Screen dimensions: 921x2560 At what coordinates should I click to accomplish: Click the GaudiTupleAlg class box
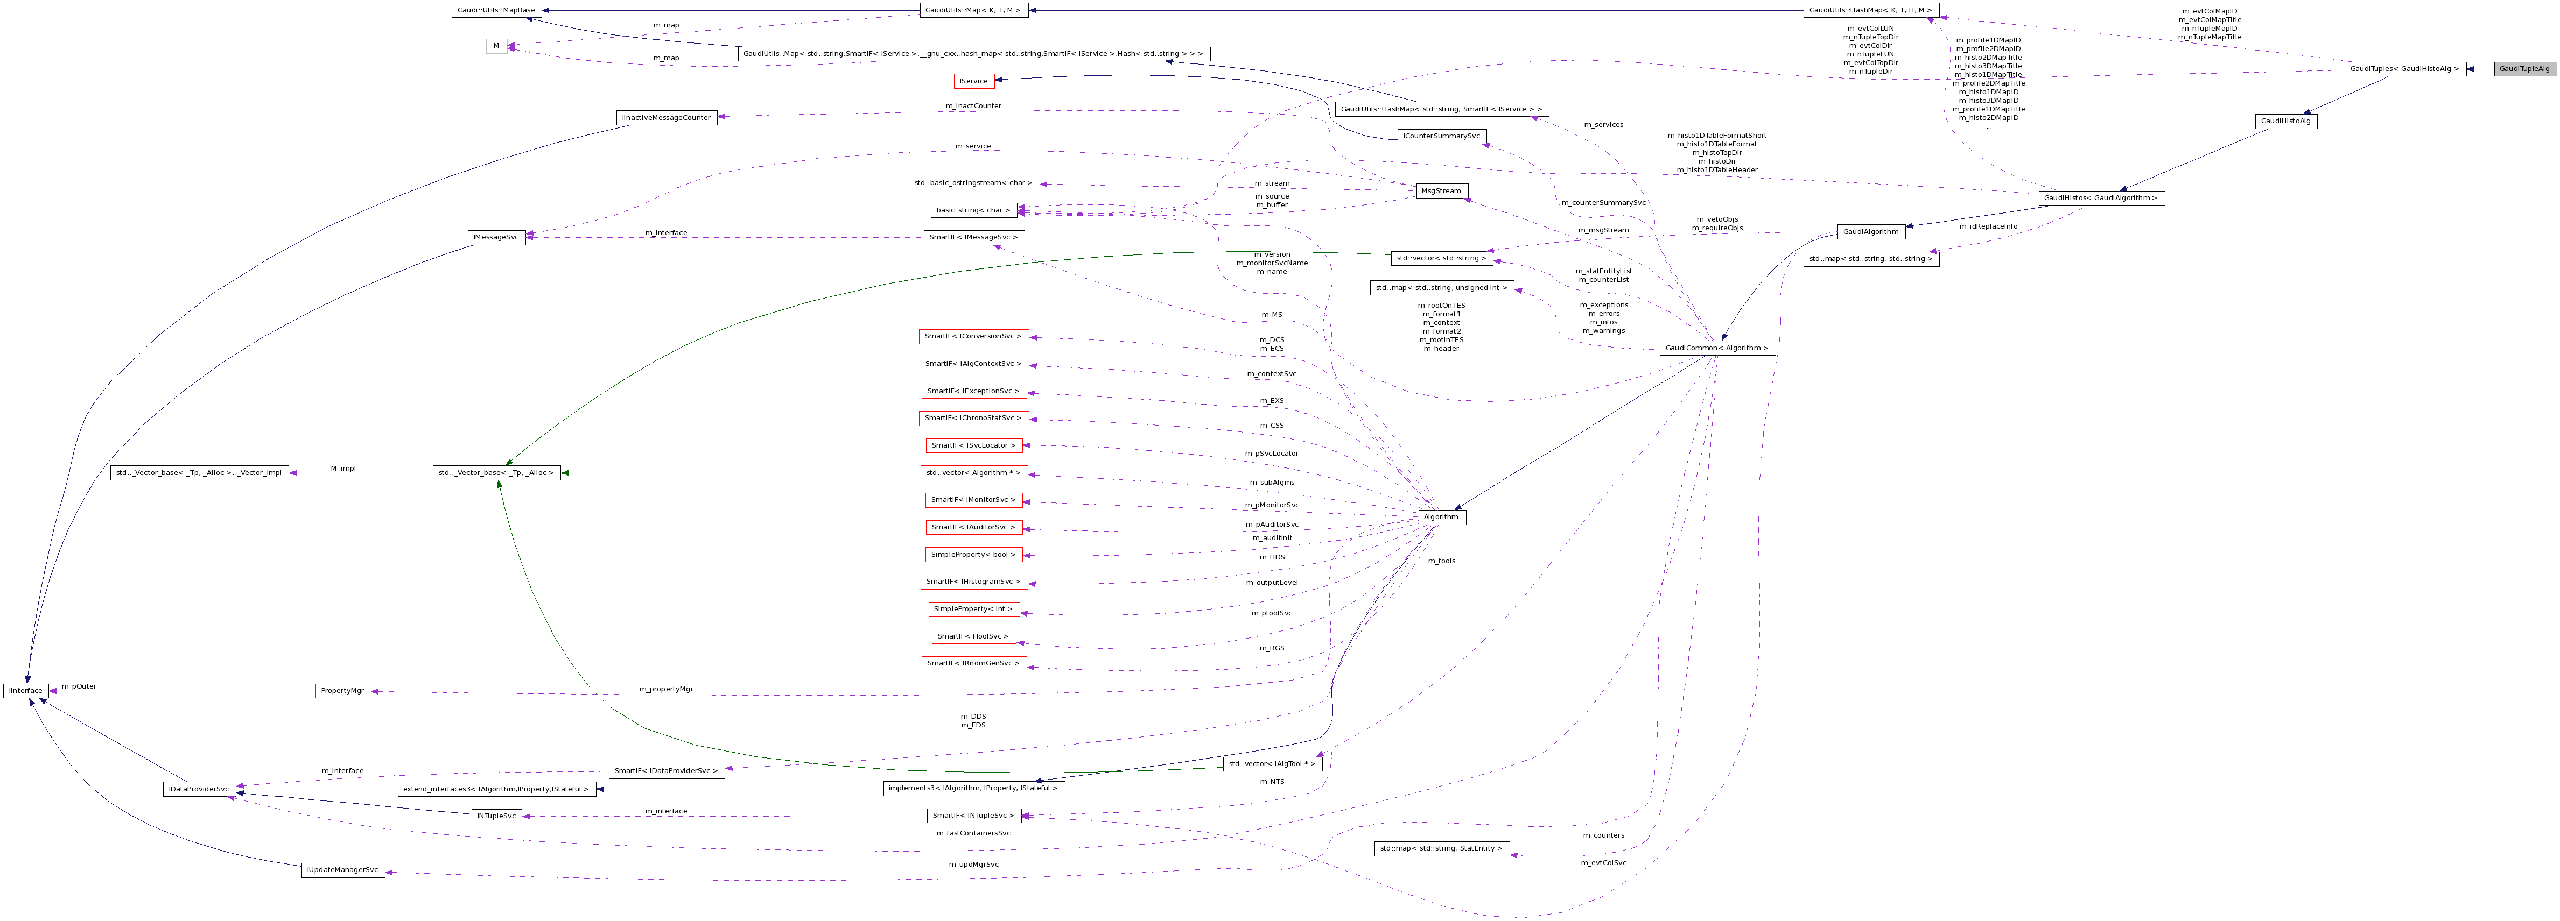(x=2524, y=68)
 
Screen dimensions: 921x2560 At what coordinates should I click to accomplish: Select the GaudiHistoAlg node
(x=2286, y=121)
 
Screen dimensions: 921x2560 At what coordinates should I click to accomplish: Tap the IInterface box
(x=26, y=691)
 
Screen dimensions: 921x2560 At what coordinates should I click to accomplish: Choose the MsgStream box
(x=1442, y=191)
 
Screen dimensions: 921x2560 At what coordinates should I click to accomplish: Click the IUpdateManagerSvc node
(x=343, y=870)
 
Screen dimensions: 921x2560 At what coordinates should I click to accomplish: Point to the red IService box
(x=973, y=81)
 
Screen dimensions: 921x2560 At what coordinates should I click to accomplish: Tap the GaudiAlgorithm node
(x=1870, y=231)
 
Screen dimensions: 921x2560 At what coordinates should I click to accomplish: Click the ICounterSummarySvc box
(x=1441, y=136)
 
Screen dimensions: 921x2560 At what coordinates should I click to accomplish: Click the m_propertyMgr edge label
(x=666, y=689)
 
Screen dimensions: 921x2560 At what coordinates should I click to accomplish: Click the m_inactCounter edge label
(x=973, y=105)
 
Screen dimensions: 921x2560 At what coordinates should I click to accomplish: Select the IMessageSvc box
(x=496, y=237)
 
